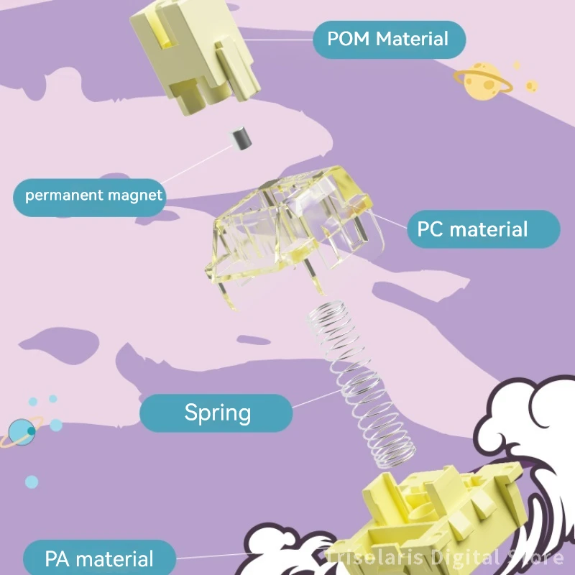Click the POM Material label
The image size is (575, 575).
coord(388,39)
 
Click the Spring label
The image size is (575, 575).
coord(216,413)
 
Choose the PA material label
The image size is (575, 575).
coord(99,558)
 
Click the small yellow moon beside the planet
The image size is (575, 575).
coord(531,86)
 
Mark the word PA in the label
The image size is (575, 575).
coord(57,558)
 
